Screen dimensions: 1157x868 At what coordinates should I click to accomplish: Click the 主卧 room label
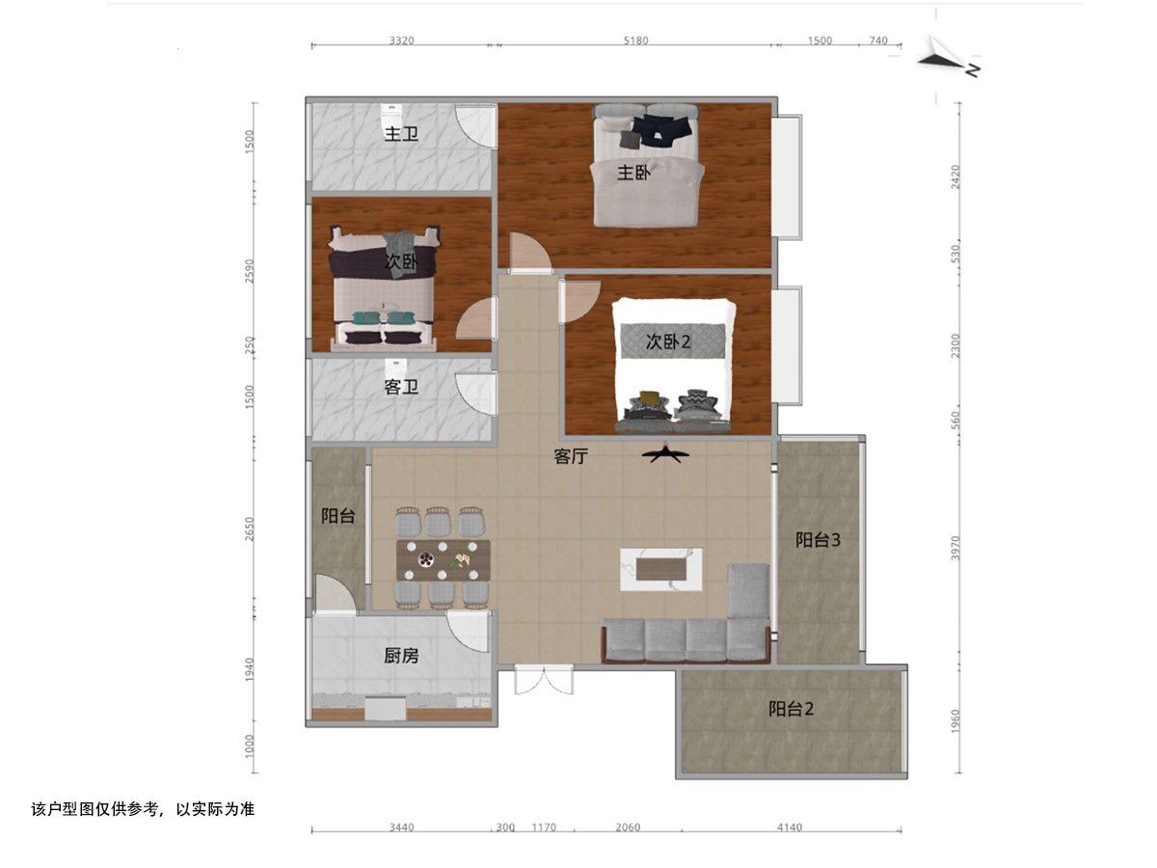633,173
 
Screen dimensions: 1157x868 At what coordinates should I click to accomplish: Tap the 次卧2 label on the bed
668,341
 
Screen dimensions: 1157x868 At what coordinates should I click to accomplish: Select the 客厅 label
571,456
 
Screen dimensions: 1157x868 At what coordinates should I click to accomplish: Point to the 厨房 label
401,655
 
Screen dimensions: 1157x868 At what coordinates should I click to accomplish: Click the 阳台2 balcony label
791,708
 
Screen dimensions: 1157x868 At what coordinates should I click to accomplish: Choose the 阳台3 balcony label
818,540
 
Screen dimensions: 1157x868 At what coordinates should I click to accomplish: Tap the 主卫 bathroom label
401,134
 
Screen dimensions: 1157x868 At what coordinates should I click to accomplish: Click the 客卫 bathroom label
401,387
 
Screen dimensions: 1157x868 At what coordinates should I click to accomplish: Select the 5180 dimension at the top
635,41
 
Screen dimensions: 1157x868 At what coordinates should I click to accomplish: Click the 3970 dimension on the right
955,548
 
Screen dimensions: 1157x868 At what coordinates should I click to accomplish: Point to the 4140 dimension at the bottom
789,827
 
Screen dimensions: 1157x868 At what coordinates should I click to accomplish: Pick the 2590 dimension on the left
250,270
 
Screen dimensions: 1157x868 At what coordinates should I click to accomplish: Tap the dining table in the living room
443,559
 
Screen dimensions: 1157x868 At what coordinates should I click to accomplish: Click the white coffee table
661,569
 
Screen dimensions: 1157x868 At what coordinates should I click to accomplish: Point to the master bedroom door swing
529,253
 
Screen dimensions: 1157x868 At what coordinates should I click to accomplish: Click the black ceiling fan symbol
665,453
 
